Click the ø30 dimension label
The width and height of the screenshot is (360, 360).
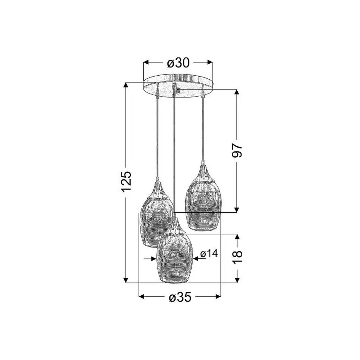[178, 63]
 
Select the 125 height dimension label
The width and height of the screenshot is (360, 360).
[127, 181]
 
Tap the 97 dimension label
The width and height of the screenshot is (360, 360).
[237, 150]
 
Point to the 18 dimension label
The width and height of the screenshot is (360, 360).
[237, 257]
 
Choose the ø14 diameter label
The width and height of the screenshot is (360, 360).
[209, 254]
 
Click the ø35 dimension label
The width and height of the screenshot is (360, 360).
[180, 297]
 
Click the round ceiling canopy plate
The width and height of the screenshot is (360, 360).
[178, 85]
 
